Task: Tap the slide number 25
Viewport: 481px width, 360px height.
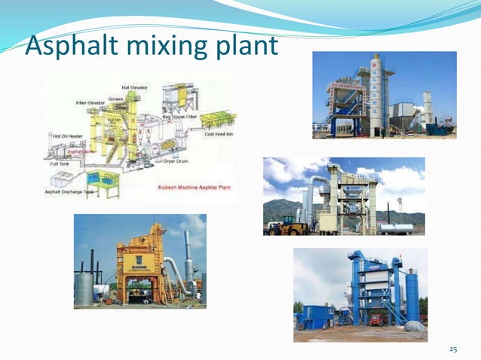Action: coord(452,348)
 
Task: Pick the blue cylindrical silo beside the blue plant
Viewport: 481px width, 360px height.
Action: coord(412,297)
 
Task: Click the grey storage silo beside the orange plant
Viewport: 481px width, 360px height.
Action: coord(84,288)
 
